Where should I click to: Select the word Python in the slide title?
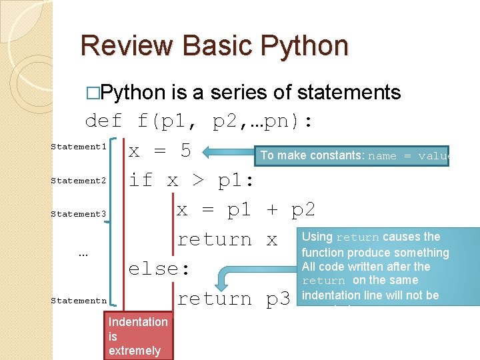pos(306,45)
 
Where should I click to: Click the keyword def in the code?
pos(103,121)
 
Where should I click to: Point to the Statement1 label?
pos(79,147)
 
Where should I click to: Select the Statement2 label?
pos(79,181)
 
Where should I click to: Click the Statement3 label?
pos(79,214)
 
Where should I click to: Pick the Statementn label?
pos(79,301)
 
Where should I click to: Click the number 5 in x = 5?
pos(186,151)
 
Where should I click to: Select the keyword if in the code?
pos(141,179)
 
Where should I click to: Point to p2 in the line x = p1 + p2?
pos(303,209)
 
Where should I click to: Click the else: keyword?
pos(159,269)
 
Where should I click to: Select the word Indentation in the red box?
pos(138,322)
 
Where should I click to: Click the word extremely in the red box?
pos(135,351)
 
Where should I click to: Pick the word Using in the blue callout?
pos(317,237)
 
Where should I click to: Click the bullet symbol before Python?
pos(95,93)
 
